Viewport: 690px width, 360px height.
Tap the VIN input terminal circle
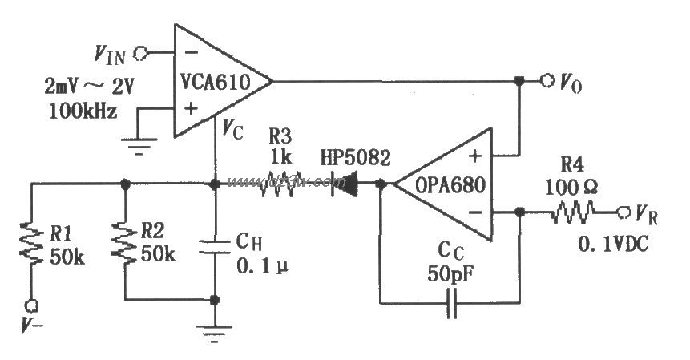coord(142,53)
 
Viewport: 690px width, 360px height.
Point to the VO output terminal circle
coord(547,80)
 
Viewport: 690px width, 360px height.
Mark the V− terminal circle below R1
coord(32,305)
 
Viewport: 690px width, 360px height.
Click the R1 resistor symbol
coord(32,242)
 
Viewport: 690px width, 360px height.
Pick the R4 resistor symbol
coord(573,212)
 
